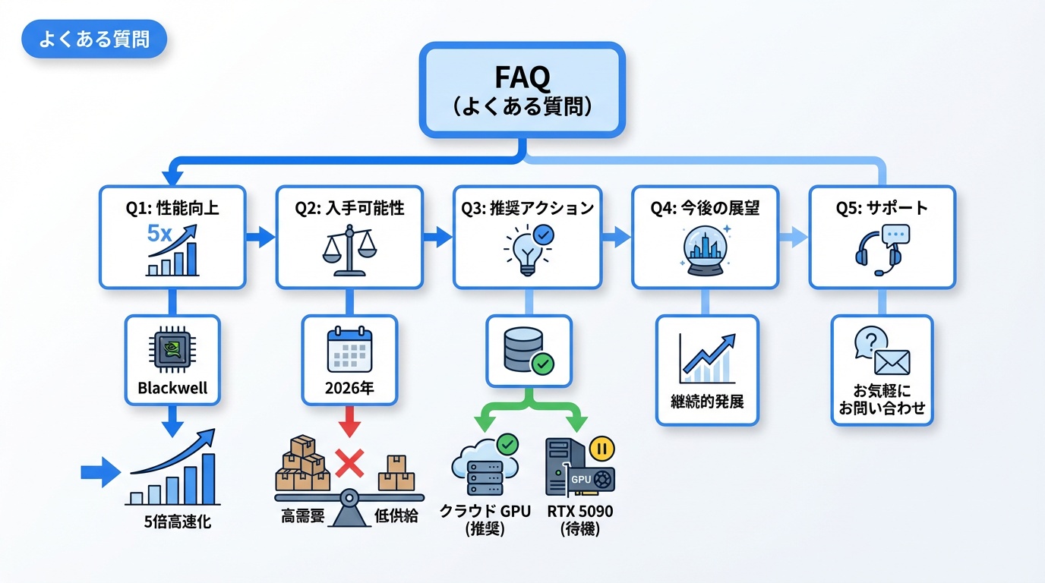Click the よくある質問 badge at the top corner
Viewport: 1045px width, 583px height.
(94, 39)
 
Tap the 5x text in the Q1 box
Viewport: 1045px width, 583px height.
(159, 233)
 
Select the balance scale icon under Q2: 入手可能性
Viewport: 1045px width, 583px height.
(349, 252)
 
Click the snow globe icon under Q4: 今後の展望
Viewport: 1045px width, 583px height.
(706, 253)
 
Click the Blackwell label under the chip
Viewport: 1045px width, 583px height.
(172, 388)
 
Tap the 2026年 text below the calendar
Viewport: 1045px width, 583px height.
(349, 389)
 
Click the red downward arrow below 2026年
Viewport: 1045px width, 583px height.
(349, 422)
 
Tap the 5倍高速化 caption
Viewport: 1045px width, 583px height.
(177, 522)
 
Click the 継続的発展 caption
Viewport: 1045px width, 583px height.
(707, 399)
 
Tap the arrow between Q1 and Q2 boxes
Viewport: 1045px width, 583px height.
(260, 237)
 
